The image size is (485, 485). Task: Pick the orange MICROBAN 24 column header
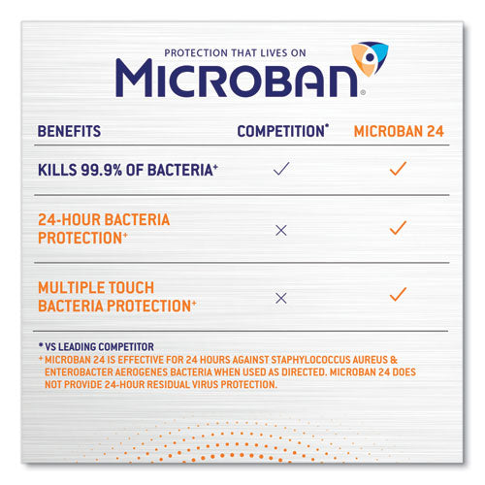(397, 130)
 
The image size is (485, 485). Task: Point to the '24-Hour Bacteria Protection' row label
(104, 228)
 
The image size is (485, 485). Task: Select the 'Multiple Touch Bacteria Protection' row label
(116, 297)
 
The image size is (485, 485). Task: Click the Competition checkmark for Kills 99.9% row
(281, 169)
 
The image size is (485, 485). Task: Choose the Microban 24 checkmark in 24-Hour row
(397, 228)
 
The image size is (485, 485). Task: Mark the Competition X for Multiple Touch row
(281, 297)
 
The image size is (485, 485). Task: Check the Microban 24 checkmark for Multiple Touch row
(397, 294)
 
